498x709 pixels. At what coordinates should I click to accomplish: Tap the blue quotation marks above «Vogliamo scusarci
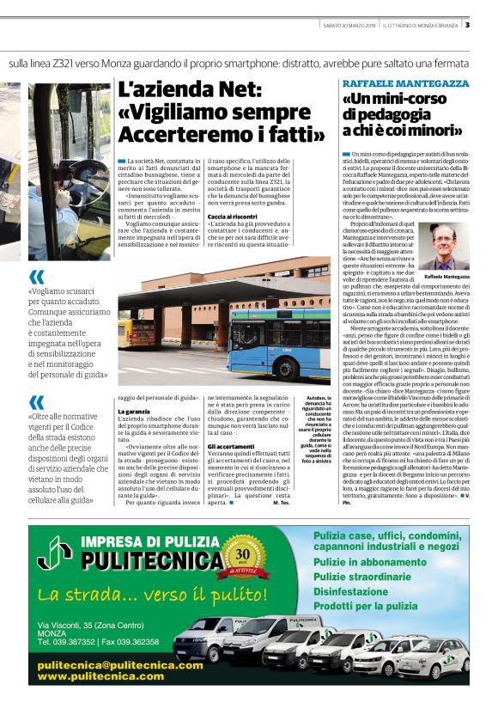pyautogui.click(x=37, y=277)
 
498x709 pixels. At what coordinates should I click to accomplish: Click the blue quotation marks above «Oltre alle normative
pyautogui.click(x=37, y=401)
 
